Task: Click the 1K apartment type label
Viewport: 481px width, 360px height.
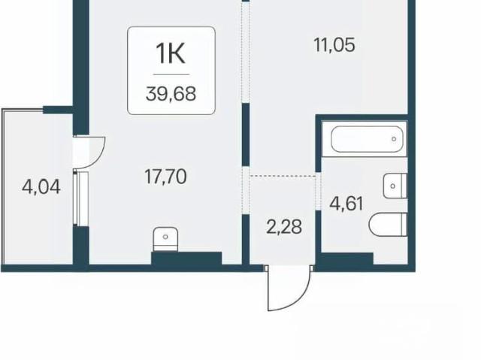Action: tap(171, 53)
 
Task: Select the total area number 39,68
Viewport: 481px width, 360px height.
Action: tap(171, 94)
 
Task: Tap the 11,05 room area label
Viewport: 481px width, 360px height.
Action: tap(334, 45)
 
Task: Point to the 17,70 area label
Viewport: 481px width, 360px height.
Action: tap(165, 177)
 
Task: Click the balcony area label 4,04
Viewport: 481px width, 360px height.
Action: tap(41, 187)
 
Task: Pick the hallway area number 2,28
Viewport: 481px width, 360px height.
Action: tap(284, 227)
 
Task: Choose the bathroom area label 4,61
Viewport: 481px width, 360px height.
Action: tap(346, 204)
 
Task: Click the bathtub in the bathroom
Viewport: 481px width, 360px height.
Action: tap(367, 139)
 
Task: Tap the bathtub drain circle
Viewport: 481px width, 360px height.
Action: tap(394, 139)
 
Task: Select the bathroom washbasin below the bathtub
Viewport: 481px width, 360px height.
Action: tap(395, 186)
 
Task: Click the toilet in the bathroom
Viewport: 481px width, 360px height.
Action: tap(388, 224)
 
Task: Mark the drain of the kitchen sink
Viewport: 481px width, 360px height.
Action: tap(165, 237)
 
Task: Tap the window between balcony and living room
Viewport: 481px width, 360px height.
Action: tap(81, 198)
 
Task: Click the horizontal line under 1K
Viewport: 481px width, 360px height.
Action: tap(171, 74)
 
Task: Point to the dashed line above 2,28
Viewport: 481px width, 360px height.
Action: tap(283, 176)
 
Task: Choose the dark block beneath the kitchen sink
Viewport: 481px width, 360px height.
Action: tap(186, 259)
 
